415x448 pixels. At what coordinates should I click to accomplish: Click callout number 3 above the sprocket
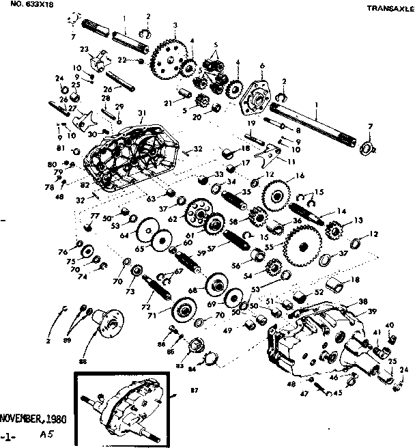(x=175, y=25)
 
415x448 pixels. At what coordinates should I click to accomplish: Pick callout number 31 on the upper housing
(x=142, y=113)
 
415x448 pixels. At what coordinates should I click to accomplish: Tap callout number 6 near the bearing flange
(x=261, y=66)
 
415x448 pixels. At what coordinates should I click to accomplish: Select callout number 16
(x=299, y=176)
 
